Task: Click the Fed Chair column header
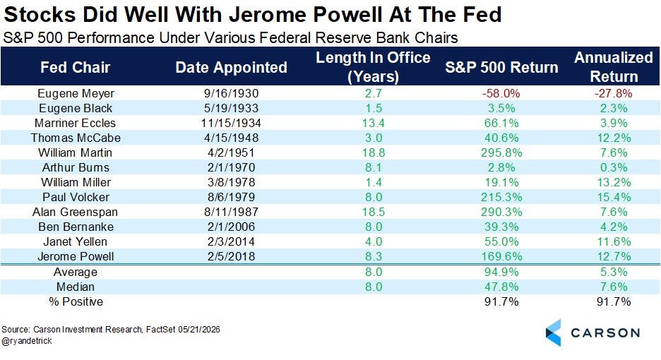pyautogui.click(x=75, y=68)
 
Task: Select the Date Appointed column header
pyautogui.click(x=231, y=68)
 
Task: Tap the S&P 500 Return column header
pyautogui.click(x=501, y=68)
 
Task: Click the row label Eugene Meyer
pyautogui.click(x=76, y=94)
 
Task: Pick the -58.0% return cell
pyautogui.click(x=501, y=94)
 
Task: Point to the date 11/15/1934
pyautogui.click(x=231, y=123)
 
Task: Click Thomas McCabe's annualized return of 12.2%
pyautogui.click(x=614, y=138)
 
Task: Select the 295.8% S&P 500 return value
pyautogui.click(x=501, y=152)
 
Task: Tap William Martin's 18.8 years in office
pyautogui.click(x=374, y=152)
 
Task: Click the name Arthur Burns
pyautogui.click(x=76, y=167)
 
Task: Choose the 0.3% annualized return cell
pyautogui.click(x=614, y=167)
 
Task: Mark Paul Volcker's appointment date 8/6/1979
pyautogui.click(x=231, y=197)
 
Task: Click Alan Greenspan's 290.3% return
pyautogui.click(x=501, y=212)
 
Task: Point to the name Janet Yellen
pyautogui.click(x=76, y=241)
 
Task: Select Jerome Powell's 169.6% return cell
pyautogui.click(x=501, y=256)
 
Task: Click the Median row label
pyautogui.click(x=76, y=287)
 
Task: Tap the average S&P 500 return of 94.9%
pyautogui.click(x=501, y=272)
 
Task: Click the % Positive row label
pyautogui.click(x=76, y=302)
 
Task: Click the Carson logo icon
pyautogui.click(x=554, y=332)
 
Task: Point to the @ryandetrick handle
pyautogui.click(x=27, y=341)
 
